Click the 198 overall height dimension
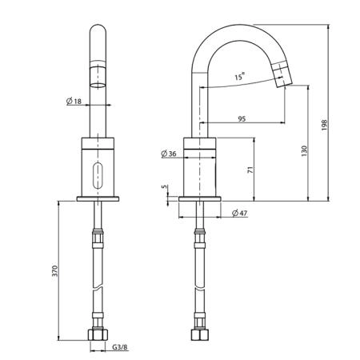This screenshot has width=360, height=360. coord(324,125)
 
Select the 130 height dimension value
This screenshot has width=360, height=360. coord(304,151)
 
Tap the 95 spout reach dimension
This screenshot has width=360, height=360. coord(242,118)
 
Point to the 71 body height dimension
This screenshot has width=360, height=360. coord(250,170)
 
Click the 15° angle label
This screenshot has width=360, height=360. coord(240,76)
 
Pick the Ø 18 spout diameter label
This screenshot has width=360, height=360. coord(74,101)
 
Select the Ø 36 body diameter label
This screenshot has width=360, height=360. coord(169,154)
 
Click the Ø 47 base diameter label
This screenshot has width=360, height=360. coord(240,213)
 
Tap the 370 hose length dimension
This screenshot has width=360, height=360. coord(54,270)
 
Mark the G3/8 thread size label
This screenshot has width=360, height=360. coord(120,347)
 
